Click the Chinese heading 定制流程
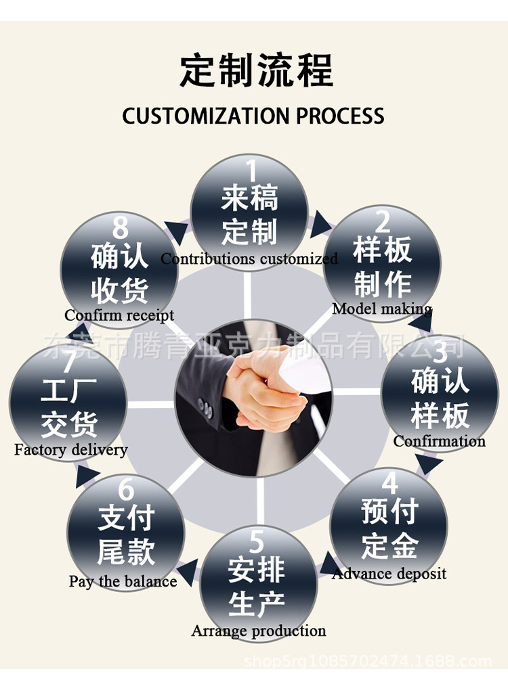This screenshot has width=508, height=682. point(256,71)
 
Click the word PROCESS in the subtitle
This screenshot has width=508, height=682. point(340,116)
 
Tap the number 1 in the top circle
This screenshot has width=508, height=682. point(251,170)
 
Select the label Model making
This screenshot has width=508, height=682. point(382,309)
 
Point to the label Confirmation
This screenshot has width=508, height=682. point(439,441)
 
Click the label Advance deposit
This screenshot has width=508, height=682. point(389,574)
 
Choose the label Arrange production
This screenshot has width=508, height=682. point(258,631)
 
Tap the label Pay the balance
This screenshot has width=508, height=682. point(123,581)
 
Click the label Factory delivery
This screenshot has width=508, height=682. point(70,449)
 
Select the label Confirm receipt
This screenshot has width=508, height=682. point(119,315)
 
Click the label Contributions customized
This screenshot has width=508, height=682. point(249,258)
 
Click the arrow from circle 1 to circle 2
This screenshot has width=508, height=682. point(320,225)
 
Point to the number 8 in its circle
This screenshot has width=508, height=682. point(120,228)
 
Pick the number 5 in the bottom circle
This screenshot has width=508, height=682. point(257,542)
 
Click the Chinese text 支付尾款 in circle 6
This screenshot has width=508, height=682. point(126,535)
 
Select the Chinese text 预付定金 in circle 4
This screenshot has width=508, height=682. point(389,528)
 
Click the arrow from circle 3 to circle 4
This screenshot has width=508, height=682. point(428,465)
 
